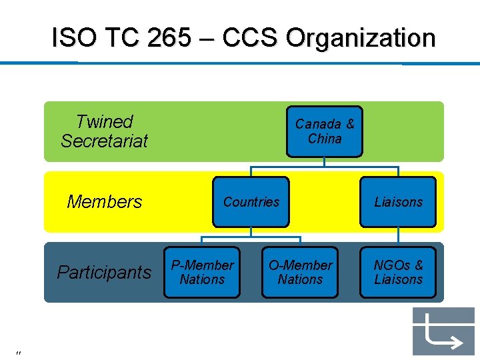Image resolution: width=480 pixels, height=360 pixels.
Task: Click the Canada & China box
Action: click(325, 131)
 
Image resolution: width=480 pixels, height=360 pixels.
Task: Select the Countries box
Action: click(251, 201)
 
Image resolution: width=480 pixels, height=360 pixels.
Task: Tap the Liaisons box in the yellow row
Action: click(398, 201)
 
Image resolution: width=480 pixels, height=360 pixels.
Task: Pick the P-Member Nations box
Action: click(202, 272)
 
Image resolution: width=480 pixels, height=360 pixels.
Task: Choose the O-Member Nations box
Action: click(300, 272)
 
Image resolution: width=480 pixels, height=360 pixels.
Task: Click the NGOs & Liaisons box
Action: click(398, 272)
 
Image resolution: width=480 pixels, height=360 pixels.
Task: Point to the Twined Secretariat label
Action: click(104, 131)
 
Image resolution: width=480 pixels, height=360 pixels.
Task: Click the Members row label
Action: click(105, 202)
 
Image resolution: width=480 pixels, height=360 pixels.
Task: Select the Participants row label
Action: click(104, 272)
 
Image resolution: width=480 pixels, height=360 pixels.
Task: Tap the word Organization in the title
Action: click(361, 38)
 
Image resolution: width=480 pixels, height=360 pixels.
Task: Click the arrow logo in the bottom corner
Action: click(443, 331)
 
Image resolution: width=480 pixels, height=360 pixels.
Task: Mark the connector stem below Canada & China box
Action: click(325, 161)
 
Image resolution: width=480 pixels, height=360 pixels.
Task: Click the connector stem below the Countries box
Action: click(251, 231)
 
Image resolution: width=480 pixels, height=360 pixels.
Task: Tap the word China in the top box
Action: click(325, 139)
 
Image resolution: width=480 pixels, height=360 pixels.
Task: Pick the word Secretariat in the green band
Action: click(104, 141)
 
